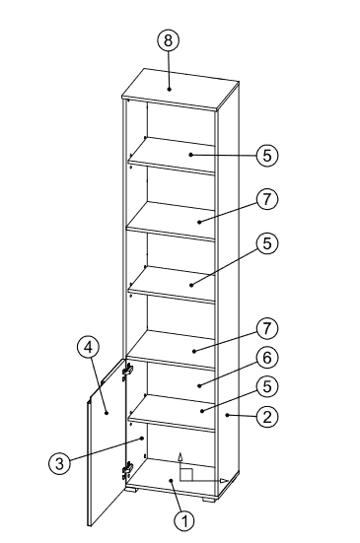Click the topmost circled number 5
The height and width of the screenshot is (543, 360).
point(266,155)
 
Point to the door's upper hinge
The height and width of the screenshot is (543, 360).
point(126,373)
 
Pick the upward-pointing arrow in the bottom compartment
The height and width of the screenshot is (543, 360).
point(180,457)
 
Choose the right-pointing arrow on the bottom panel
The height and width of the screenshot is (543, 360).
point(225,481)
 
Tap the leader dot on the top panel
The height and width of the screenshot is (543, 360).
point(169,89)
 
